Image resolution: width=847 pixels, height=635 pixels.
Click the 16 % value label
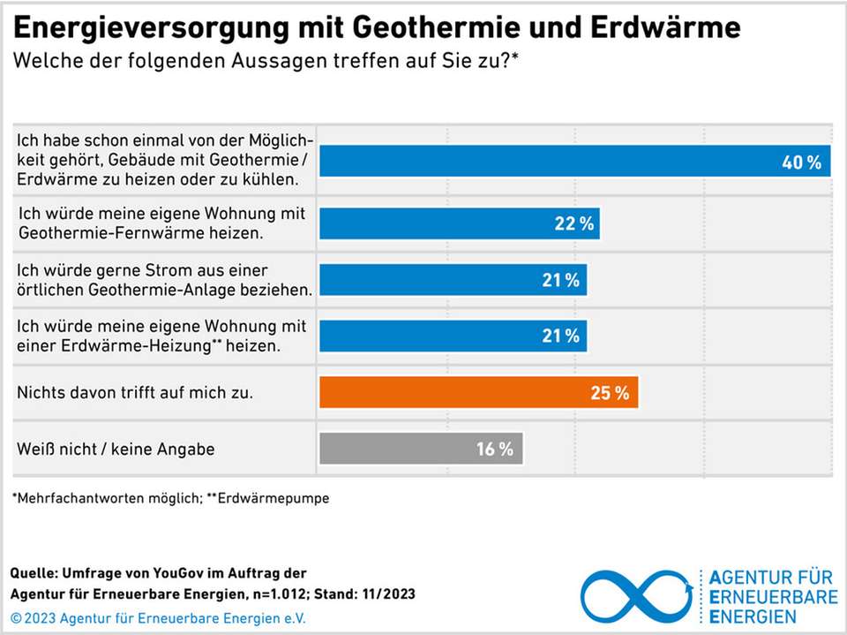tap(494, 449)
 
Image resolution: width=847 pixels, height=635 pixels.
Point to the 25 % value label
tap(610, 393)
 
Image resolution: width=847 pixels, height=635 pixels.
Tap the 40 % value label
tap(801, 163)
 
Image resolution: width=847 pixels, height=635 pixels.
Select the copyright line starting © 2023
tap(158, 618)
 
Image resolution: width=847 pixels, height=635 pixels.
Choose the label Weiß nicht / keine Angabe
tap(116, 449)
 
